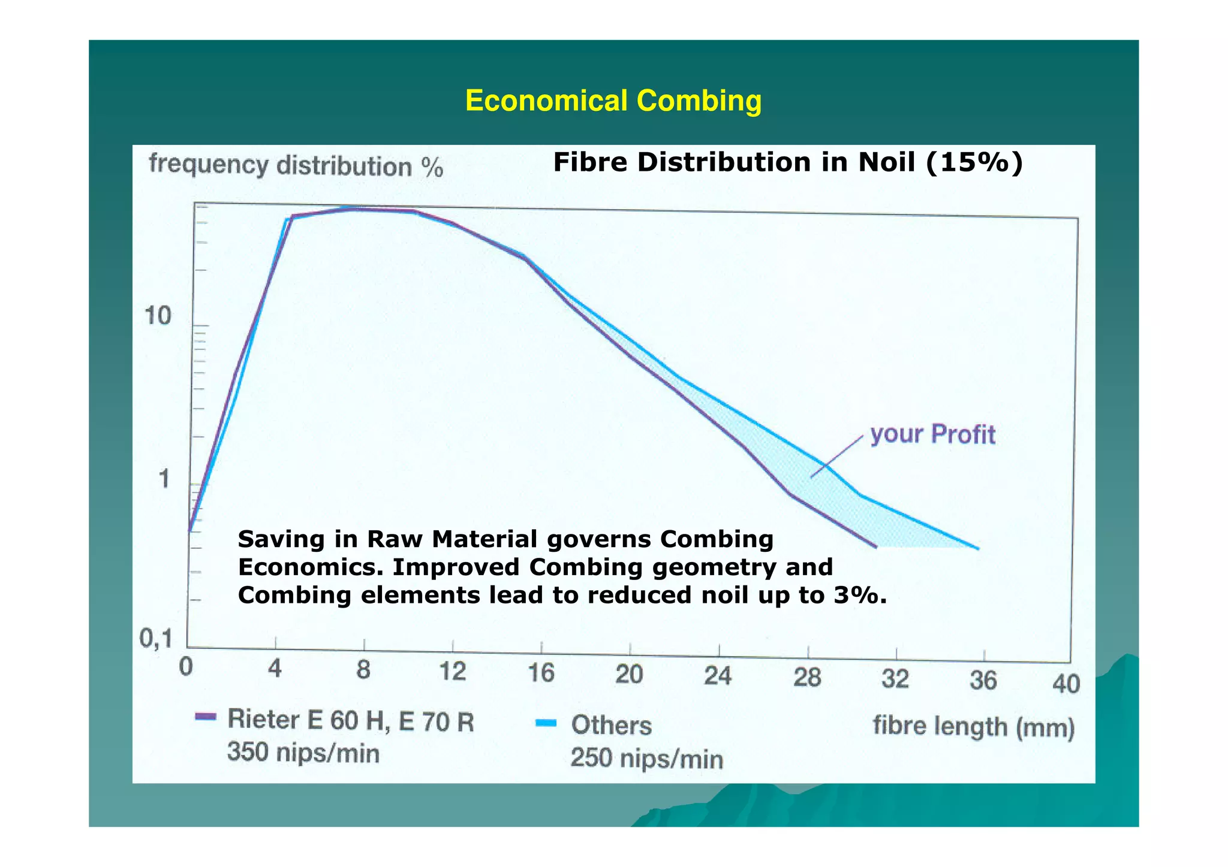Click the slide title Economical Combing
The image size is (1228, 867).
613,101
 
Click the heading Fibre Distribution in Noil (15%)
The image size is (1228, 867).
787,162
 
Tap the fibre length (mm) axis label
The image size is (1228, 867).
973,727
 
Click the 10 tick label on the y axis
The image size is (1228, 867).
158,316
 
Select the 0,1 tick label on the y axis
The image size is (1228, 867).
156,640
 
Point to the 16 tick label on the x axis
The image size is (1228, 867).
541,673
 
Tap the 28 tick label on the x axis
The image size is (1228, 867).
807,678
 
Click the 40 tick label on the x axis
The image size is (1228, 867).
1066,684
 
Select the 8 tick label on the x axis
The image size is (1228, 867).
363,670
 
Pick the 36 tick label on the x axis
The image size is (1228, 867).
983,681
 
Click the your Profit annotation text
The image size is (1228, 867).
932,434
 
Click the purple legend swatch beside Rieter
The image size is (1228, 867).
206,717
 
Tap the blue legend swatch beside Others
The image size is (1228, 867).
546,723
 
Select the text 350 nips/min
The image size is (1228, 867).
303,753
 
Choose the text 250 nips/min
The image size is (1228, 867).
647,759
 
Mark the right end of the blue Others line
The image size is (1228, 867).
978,548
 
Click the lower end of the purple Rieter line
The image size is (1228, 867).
875,546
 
